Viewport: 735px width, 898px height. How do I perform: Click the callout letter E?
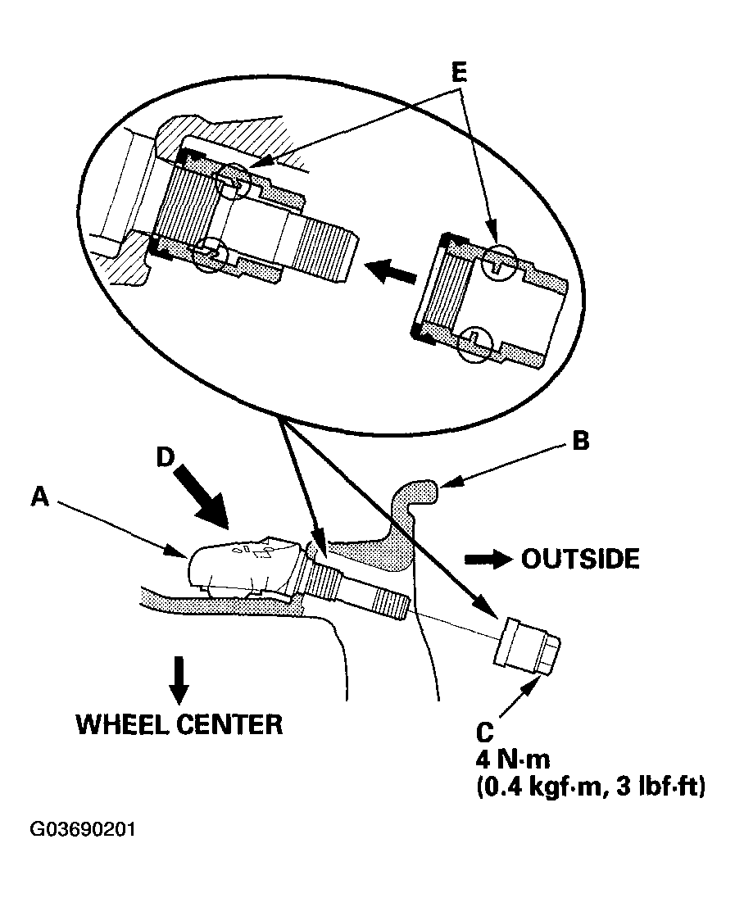click(x=459, y=73)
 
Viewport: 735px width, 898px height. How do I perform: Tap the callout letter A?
click(x=40, y=497)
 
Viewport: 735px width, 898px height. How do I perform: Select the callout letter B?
click(x=581, y=441)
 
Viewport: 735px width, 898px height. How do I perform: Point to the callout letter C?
click(x=484, y=732)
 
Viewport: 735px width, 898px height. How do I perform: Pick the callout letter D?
click(x=165, y=457)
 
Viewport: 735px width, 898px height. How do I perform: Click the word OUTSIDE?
click(x=580, y=559)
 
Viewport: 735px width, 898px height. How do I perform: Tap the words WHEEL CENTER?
click(x=179, y=724)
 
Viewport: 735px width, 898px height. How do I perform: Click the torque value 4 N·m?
click(x=513, y=760)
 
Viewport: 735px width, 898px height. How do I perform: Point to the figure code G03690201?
click(x=83, y=830)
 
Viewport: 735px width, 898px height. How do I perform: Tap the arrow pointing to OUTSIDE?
click(x=488, y=560)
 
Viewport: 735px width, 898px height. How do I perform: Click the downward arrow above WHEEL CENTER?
click(x=179, y=680)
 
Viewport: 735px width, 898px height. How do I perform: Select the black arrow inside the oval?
click(x=393, y=271)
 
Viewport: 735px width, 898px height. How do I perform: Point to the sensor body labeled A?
click(x=243, y=566)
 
